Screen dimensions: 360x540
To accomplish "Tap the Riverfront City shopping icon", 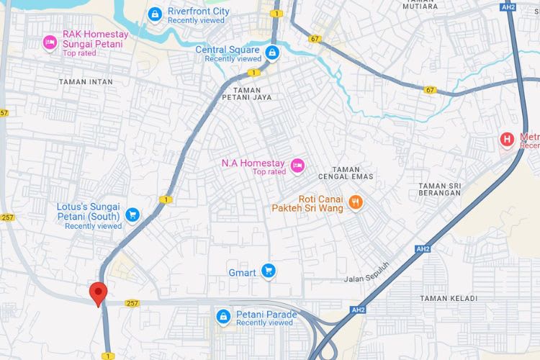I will pos(154,14).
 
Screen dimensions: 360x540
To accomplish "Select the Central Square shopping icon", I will pos(272,52).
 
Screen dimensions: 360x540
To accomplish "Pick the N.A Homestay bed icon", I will pos(297,167).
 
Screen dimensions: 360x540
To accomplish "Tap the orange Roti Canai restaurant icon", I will pos(354,202).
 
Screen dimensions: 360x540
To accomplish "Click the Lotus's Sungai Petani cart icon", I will pos(132,215).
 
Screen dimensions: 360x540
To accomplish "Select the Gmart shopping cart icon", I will pos(269,271).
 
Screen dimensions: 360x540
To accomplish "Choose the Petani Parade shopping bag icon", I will pos(224,316).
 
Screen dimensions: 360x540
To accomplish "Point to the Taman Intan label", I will pos(86,82).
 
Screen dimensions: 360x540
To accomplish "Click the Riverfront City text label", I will pos(199,12).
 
